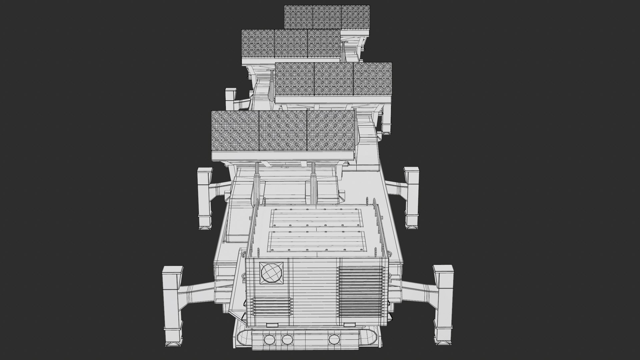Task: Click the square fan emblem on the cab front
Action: [x=271, y=273]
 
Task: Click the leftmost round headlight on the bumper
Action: [x=268, y=340]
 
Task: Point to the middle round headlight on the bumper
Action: [x=287, y=340]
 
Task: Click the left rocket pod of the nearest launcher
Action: [x=235, y=131]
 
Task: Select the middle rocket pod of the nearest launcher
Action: [x=283, y=131]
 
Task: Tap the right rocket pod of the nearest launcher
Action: [x=331, y=131]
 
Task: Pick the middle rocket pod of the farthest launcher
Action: [x=327, y=17]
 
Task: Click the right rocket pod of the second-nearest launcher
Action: [x=372, y=79]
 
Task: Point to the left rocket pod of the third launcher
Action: [x=258, y=43]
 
